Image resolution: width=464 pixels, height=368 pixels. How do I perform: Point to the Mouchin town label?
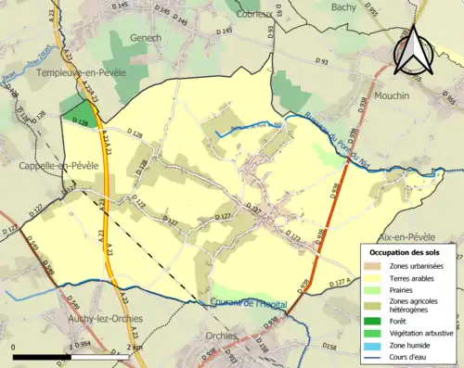click(x=400, y=95)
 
